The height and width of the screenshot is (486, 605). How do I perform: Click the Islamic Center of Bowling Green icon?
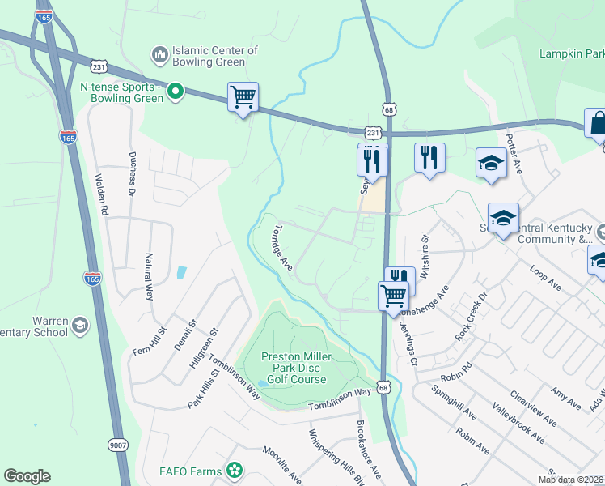159,56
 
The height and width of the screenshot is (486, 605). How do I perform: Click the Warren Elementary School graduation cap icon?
79,325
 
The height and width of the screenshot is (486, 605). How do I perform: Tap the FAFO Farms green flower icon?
235,469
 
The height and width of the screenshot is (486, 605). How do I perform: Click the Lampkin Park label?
572,53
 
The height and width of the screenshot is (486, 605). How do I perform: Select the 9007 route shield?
118,444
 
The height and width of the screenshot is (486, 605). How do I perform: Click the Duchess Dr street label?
131,173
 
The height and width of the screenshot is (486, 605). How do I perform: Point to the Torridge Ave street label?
282,246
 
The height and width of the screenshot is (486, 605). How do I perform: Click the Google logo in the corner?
27,476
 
